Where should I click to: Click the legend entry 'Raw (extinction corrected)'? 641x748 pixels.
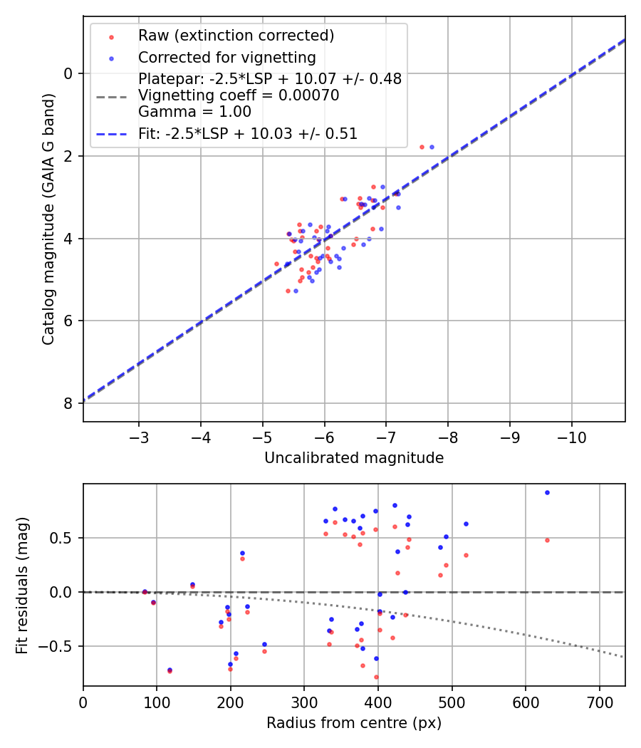[236, 36]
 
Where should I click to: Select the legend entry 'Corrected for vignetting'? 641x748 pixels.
[226, 57]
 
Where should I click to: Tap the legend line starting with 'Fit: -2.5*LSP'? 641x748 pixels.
[248, 133]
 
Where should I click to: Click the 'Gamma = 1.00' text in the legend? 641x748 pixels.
[194, 111]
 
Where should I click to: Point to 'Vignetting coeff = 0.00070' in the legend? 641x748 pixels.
[239, 95]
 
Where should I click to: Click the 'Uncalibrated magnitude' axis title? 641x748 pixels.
[354, 458]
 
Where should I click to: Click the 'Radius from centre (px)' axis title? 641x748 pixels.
[354, 723]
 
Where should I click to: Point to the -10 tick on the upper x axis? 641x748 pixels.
[571, 435]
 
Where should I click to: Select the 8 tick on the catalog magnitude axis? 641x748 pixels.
[68, 403]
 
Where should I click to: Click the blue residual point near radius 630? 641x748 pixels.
[547, 492]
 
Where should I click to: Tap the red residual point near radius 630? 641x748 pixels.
[547, 540]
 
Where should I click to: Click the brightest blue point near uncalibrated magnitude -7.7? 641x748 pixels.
[432, 147]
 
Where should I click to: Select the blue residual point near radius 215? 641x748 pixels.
[242, 553]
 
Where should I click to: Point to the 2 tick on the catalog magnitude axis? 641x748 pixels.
[68, 156]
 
